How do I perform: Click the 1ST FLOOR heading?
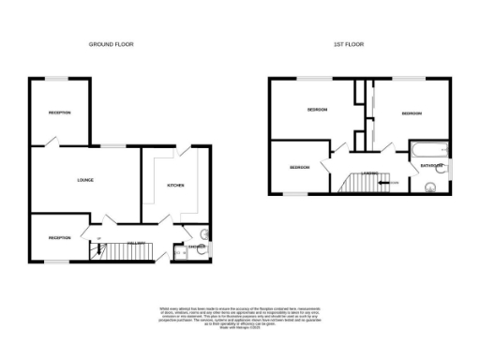(x=348, y=44)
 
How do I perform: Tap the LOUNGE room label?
(x=84, y=180)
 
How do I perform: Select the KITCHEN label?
(x=175, y=186)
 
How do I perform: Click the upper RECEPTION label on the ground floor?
(x=60, y=113)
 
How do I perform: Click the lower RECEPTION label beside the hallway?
(x=60, y=238)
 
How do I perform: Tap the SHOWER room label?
(x=196, y=247)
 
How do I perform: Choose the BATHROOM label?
(x=431, y=166)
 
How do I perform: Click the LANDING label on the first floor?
(x=371, y=172)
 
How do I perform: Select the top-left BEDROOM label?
(x=317, y=111)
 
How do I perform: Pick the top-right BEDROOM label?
(x=412, y=113)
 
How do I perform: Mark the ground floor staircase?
(x=118, y=252)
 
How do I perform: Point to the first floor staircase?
(x=357, y=183)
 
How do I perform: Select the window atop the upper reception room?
(x=59, y=79)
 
